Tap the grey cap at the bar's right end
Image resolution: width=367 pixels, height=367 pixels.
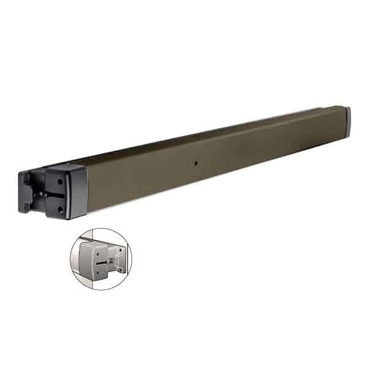(x=347, y=121)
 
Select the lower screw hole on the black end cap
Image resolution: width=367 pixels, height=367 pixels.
(x=60, y=209)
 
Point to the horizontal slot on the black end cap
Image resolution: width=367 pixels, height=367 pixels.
(x=54, y=195)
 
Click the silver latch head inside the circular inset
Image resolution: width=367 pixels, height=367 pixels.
(x=97, y=257)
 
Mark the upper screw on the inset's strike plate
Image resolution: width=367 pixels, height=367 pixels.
(x=121, y=250)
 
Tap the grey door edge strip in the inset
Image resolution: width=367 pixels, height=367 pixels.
(x=80, y=257)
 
